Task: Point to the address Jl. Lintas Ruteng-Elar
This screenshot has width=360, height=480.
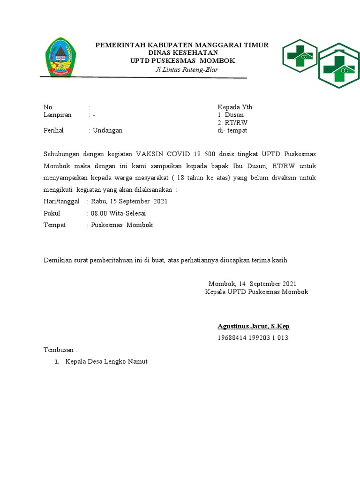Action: pos(187,70)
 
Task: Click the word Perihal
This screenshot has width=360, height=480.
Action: pos(53,130)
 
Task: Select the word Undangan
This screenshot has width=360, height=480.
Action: pos(107,130)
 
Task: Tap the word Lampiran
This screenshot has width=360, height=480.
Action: pos(57,115)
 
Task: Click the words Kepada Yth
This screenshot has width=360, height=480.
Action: pos(235,107)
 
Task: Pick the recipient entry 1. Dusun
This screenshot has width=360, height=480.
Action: pos(231,115)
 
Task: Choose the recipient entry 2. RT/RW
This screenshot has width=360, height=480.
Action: pos(232,123)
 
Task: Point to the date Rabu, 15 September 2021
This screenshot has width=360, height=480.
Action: pos(129,202)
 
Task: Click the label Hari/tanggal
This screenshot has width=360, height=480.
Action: pos(62,202)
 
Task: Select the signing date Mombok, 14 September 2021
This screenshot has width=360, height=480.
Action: pos(252,284)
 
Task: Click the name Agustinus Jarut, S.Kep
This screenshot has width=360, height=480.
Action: pos(256,326)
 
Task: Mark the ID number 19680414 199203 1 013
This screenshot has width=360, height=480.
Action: pos(253,338)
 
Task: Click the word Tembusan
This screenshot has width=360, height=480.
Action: pos(59,350)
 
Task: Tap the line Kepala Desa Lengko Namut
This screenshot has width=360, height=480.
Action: pos(106,361)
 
